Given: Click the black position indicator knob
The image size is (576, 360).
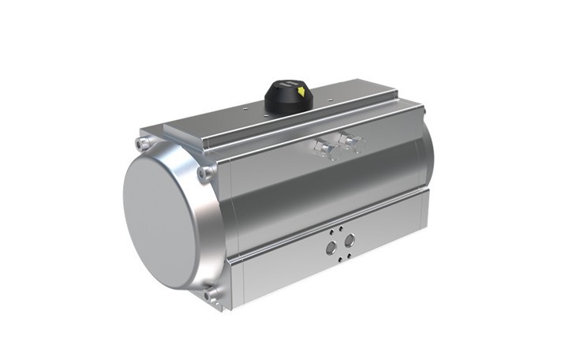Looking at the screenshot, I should (x=288, y=96).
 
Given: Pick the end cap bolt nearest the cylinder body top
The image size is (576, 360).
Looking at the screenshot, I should (x=206, y=171).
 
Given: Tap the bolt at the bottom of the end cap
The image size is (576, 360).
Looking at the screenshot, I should (x=211, y=295).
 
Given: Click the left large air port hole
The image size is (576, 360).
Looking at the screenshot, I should (x=331, y=247).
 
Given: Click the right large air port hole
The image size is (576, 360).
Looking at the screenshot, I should (x=350, y=239).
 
